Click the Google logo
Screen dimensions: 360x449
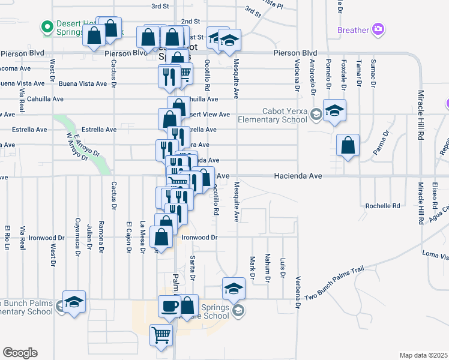point(19,352)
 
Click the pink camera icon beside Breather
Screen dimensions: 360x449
point(378,29)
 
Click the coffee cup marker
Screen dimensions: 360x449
point(169,306)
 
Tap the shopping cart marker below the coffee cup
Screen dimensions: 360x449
point(161,335)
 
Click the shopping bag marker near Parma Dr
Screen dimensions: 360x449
point(348,145)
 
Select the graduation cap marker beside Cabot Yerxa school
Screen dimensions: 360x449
point(334,110)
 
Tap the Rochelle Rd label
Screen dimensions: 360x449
point(382,206)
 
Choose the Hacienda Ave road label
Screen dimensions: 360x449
point(298,176)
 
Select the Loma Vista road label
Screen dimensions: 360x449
point(435,255)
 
